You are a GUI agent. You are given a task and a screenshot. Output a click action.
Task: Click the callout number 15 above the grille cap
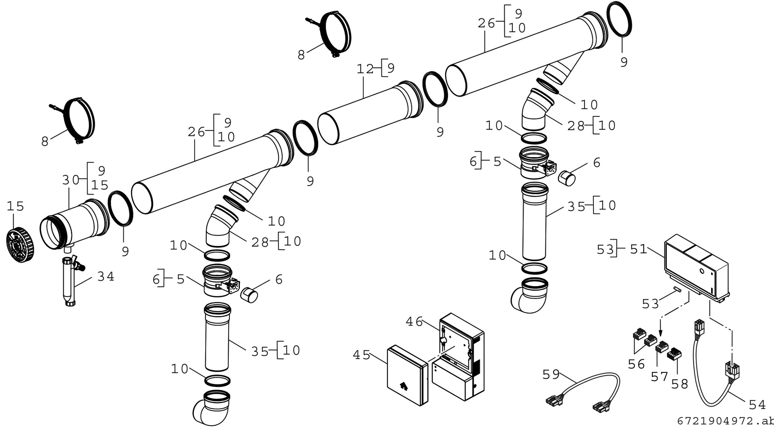tap(15, 206)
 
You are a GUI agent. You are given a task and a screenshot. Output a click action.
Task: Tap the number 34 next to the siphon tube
tap(106, 276)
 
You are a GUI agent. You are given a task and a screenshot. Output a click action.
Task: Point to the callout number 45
tap(361, 355)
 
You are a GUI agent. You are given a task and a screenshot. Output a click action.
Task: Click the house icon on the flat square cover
tap(403, 386)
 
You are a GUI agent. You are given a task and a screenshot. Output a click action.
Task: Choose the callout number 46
tap(414, 322)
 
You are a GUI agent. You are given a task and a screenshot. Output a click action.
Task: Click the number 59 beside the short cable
tap(551, 374)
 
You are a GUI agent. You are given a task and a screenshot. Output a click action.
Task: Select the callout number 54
tap(757, 404)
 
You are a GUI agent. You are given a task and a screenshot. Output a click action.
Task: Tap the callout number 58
tap(680, 384)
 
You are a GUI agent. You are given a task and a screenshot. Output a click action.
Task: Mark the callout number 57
tap(660, 376)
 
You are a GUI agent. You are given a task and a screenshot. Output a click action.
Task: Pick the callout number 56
tap(637, 364)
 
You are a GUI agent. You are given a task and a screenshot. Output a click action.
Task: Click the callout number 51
tap(638, 249)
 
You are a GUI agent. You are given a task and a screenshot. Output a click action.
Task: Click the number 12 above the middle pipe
tap(365, 69)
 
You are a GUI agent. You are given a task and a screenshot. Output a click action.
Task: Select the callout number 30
tap(71, 180)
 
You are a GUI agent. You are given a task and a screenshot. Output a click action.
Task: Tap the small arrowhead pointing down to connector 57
tap(660, 334)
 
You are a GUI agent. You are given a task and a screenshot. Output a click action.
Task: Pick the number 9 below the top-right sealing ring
tap(624, 62)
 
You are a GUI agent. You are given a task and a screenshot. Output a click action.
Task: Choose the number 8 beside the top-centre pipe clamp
tap(301, 55)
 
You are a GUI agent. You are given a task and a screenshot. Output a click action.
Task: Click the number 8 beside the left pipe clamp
tap(45, 141)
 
